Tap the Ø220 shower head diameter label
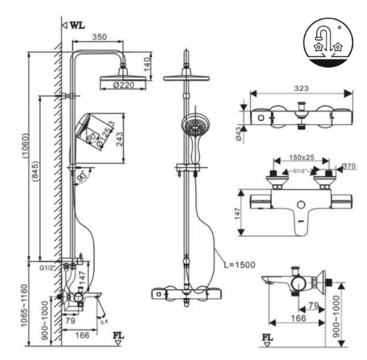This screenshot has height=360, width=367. point(123,85)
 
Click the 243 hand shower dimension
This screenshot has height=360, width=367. point(120,140)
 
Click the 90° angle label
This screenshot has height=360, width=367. point(82,177)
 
